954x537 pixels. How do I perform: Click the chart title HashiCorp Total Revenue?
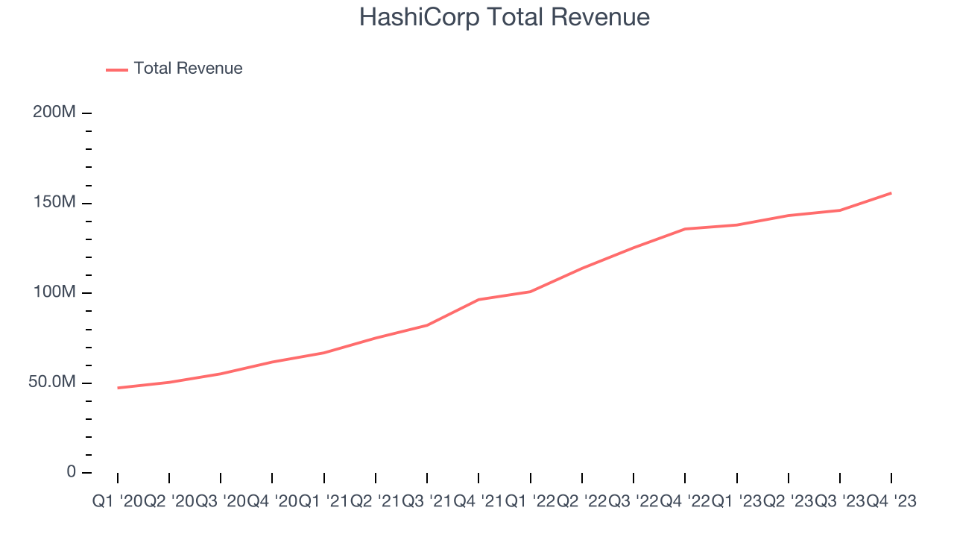504,17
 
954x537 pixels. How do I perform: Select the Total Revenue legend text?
188,69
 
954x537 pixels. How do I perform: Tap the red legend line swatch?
117,69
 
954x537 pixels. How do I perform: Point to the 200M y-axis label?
54,113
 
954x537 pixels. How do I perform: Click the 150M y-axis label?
54,203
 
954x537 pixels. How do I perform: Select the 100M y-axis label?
54,292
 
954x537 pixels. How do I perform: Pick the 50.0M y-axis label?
51,383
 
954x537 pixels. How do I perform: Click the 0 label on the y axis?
71,472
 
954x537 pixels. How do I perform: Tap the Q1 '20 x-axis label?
117,502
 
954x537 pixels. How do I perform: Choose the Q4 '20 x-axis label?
272,502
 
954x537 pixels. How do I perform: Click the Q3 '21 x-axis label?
427,502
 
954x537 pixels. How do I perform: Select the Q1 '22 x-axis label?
530,502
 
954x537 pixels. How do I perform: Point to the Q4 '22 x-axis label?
685,502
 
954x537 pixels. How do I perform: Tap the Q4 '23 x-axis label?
891,502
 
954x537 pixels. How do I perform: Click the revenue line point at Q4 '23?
891,193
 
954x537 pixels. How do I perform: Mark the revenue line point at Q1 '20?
118,388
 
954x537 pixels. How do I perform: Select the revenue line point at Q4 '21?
478,300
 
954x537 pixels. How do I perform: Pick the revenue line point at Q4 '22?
685,229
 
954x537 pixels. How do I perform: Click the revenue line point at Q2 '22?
581,268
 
